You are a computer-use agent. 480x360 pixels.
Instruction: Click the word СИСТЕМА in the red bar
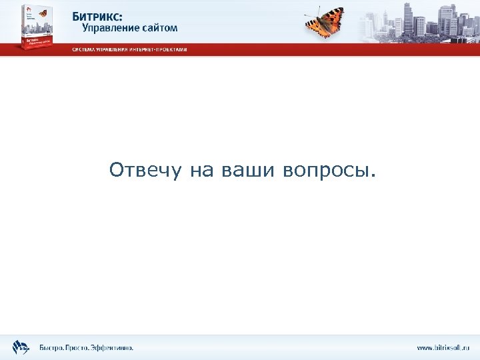point(85,50)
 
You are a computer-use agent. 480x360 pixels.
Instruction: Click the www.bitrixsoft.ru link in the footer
point(443,347)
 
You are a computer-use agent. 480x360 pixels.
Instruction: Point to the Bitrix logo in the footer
point(21,347)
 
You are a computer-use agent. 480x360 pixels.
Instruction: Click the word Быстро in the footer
point(52,347)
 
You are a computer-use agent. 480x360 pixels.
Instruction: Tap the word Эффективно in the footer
point(113,347)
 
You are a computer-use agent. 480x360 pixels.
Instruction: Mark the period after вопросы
point(373,177)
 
